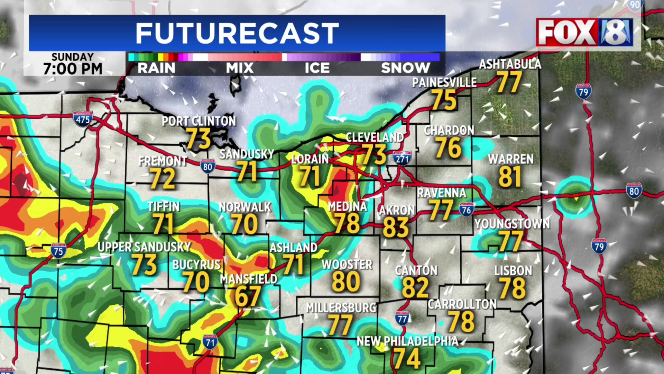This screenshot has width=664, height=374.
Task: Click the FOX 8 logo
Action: (x=584, y=32)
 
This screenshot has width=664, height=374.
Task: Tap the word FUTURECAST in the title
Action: (x=237, y=33)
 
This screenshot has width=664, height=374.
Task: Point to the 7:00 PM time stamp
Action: (x=73, y=69)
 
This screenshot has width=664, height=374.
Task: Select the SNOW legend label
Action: (x=405, y=68)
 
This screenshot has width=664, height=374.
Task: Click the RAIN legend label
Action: (x=156, y=68)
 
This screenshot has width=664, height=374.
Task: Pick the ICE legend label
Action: (x=317, y=68)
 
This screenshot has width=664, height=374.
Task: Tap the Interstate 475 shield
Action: (x=83, y=119)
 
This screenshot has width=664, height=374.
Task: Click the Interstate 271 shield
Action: (x=402, y=158)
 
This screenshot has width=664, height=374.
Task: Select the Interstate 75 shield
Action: (x=58, y=250)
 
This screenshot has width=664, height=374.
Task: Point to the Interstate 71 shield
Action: (x=210, y=342)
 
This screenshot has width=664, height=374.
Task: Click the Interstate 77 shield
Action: (x=403, y=318)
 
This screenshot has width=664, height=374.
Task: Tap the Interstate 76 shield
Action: (x=466, y=209)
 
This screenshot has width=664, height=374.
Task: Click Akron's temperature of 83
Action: (x=396, y=228)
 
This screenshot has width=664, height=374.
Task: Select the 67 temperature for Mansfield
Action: (x=248, y=296)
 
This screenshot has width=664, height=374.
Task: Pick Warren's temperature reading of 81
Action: (x=510, y=177)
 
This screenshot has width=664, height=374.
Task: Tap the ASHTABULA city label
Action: (x=510, y=64)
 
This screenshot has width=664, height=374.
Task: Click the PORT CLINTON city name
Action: (x=199, y=121)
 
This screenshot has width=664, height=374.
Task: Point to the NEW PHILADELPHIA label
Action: (x=407, y=341)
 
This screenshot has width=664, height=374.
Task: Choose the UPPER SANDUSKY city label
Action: (x=144, y=247)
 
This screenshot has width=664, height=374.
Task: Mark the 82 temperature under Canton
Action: (x=415, y=288)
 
